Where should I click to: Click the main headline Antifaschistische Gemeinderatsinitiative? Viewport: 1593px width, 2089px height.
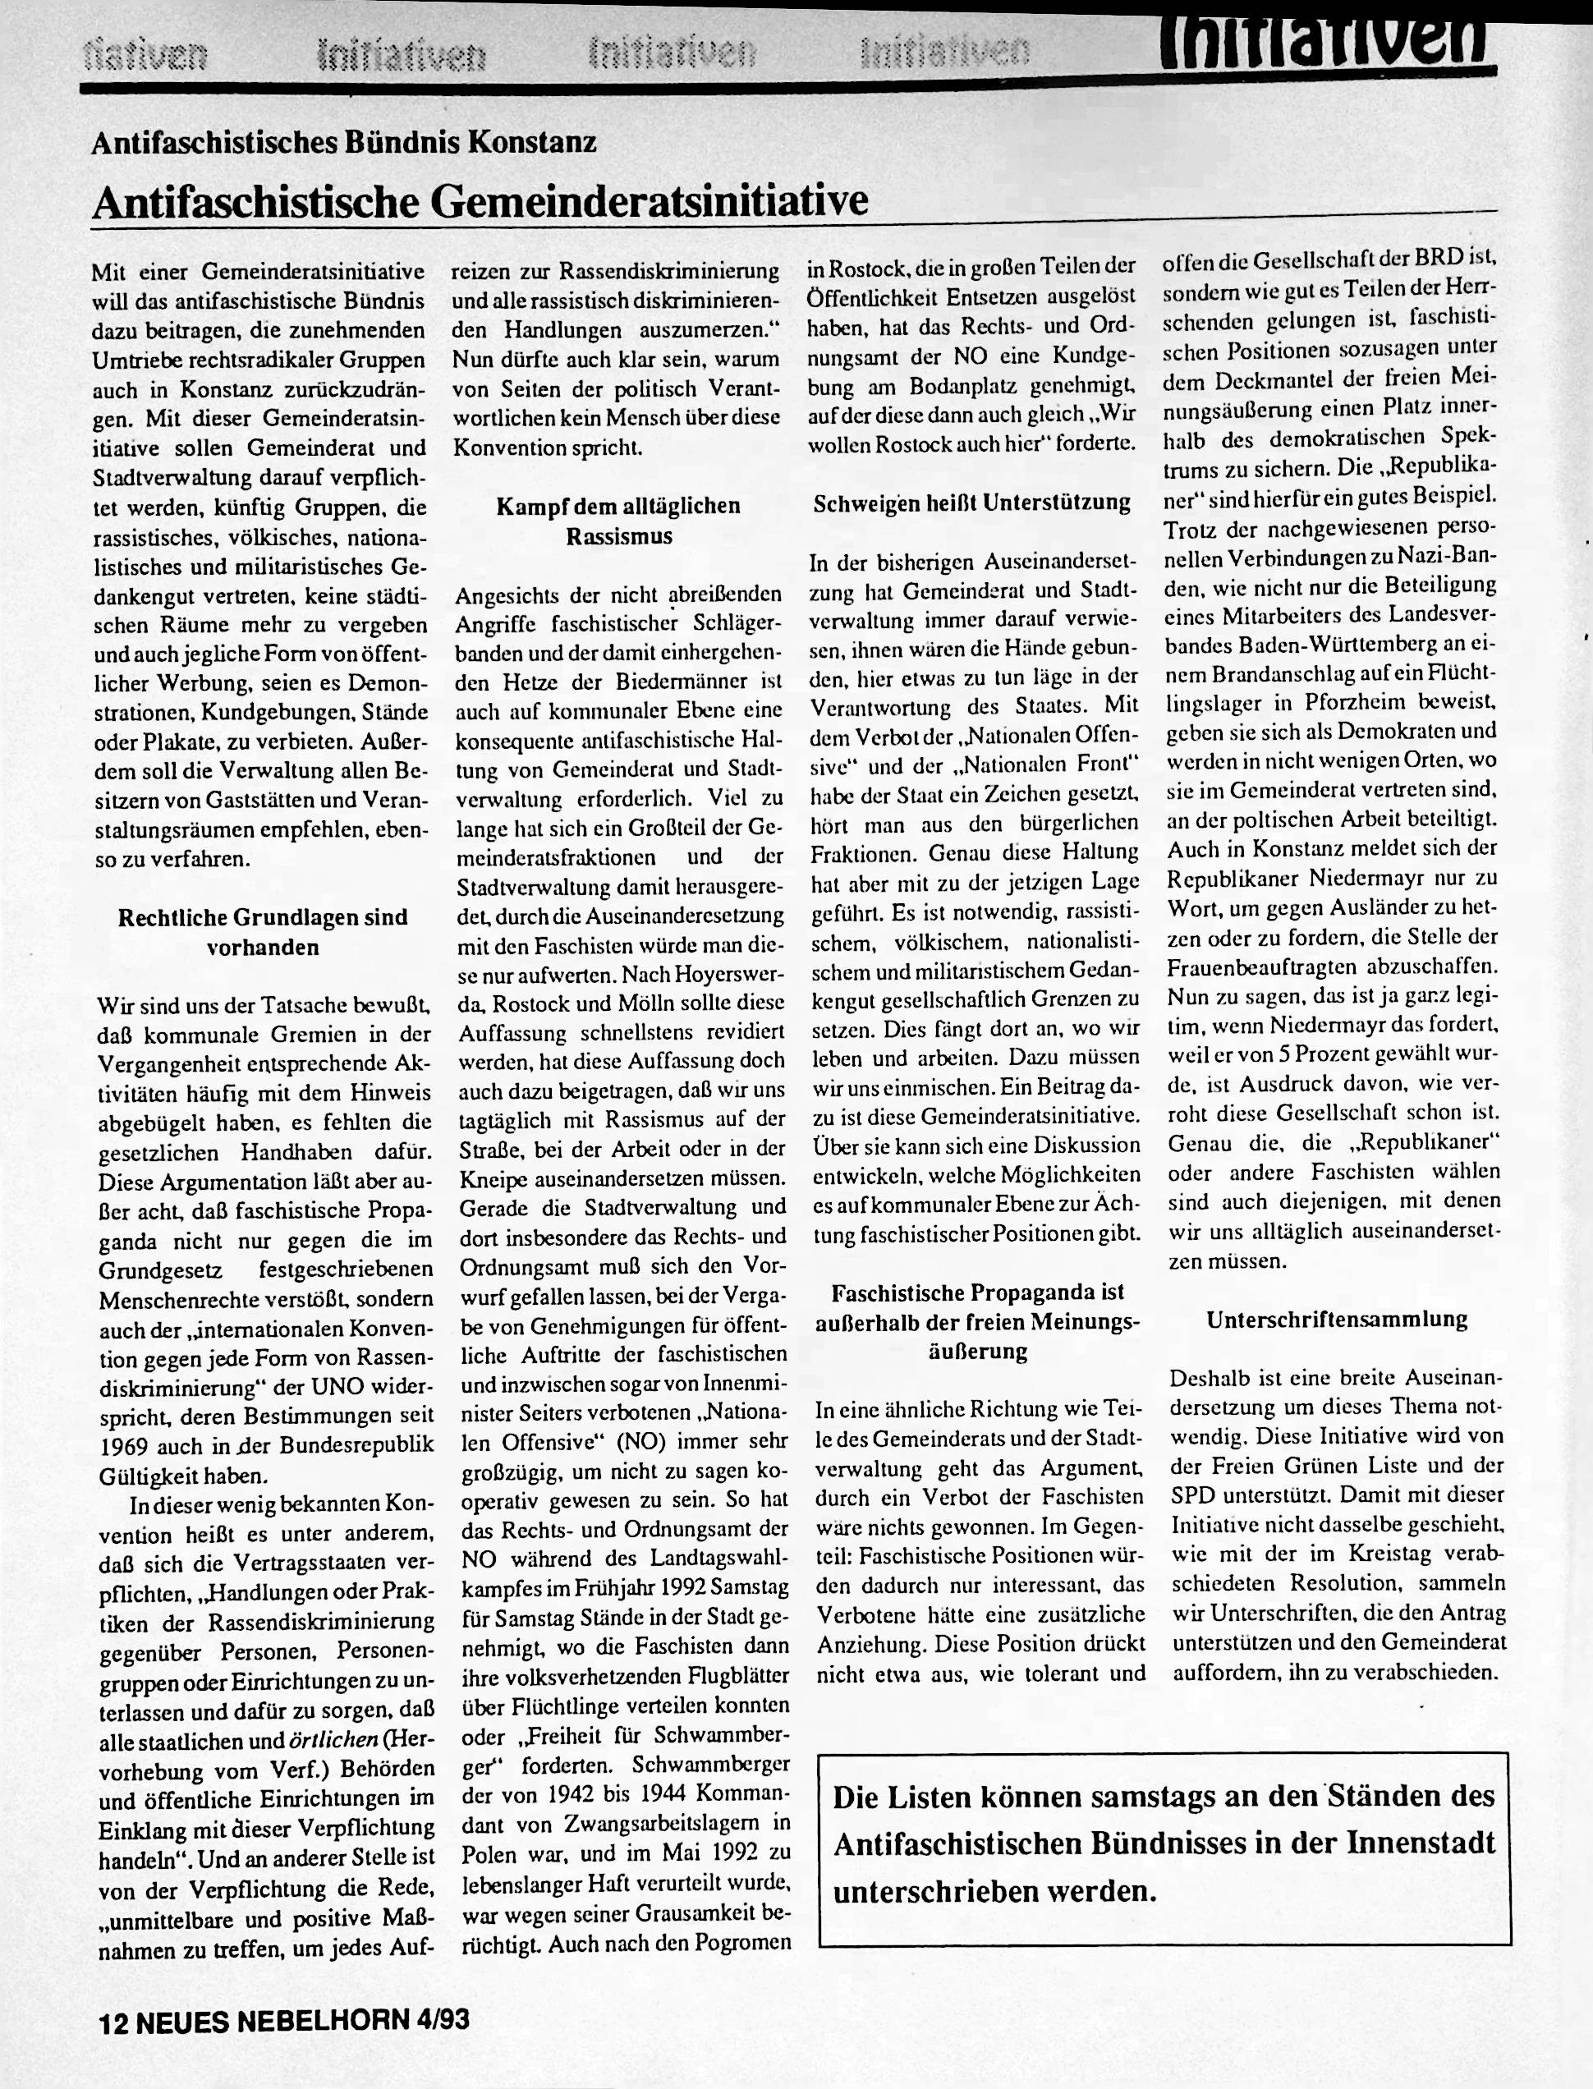pos(480,200)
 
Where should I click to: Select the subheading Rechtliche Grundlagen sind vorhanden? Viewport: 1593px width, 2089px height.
pos(263,932)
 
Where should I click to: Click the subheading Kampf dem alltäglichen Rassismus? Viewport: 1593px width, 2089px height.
pos(618,521)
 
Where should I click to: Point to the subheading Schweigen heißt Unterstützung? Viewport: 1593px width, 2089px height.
pos(972,503)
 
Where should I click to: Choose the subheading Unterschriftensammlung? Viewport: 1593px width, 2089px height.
pos(1337,1319)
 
